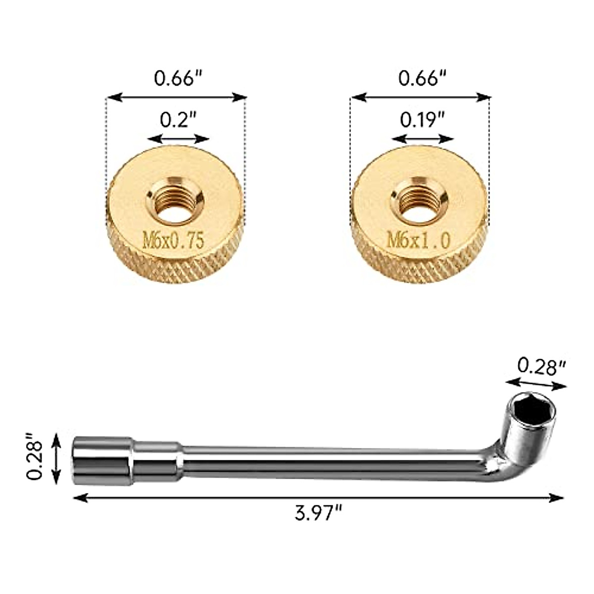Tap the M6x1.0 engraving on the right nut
[418, 241]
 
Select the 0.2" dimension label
[178, 120]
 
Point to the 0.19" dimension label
[422, 120]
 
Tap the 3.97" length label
[318, 513]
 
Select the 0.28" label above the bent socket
[541, 366]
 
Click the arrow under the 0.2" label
[178, 139]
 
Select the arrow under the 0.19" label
[422, 139]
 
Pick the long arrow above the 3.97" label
[318, 498]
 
